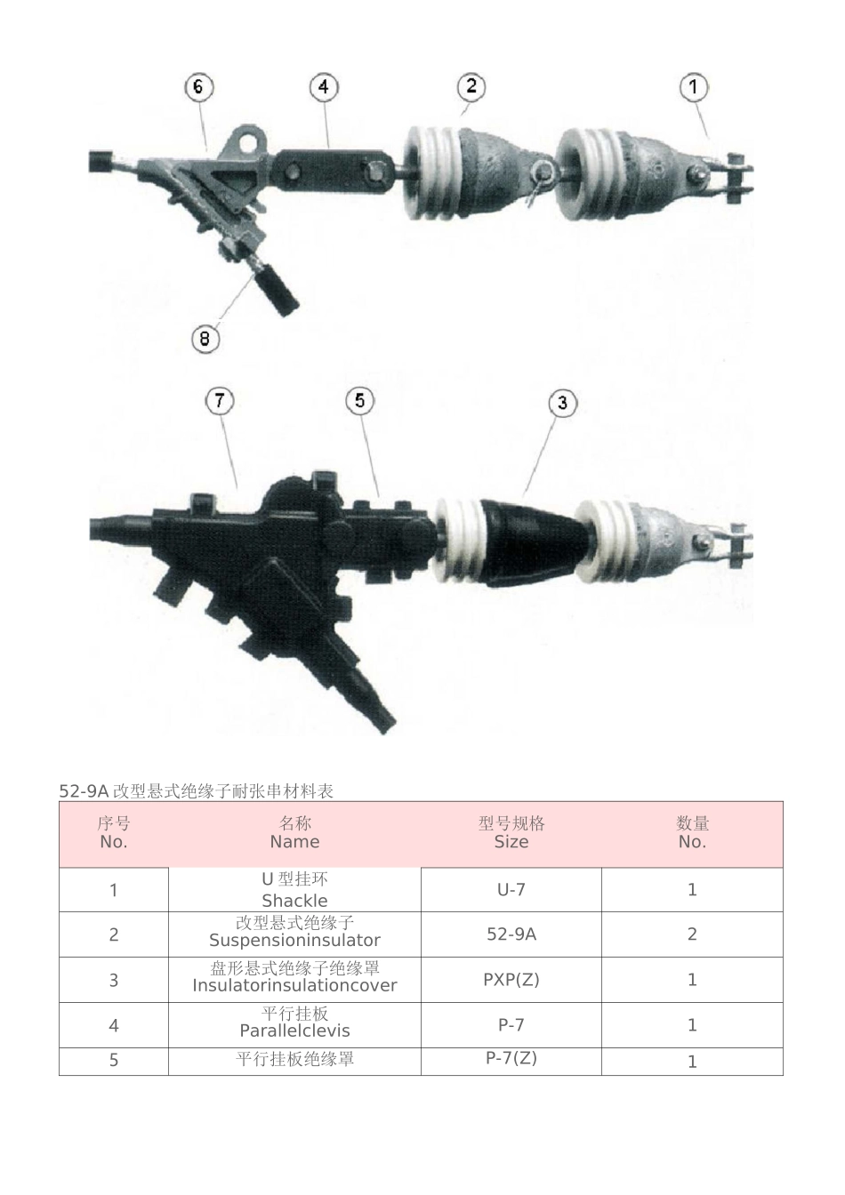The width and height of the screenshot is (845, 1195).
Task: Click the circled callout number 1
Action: pos(694,87)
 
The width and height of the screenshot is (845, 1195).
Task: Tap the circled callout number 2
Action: pos(471,86)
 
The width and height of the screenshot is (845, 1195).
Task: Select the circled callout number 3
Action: pos(562,403)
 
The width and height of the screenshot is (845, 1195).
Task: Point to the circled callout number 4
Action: pos(324,86)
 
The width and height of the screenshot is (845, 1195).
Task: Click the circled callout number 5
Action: pos(359,400)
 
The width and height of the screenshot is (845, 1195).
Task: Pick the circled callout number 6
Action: pos(198,86)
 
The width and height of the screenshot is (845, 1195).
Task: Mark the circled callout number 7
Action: pos(220,400)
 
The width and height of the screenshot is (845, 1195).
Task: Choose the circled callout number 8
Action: pos(205,338)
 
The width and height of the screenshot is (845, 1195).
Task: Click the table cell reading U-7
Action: pos(511,889)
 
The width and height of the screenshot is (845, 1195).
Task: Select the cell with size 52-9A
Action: pos(511,934)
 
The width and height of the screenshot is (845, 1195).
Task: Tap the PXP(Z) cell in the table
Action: pos(511,979)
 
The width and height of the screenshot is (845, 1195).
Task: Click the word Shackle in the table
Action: pos(294,900)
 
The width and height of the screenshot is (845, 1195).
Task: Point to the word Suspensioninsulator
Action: pos(294,940)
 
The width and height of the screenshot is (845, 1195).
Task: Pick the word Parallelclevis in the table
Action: pos(294,1031)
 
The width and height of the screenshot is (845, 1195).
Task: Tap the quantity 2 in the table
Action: pos(692,934)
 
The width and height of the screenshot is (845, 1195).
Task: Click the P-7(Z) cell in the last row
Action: pos(511,1058)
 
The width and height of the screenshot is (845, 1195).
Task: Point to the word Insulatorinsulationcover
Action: pos(294,985)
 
